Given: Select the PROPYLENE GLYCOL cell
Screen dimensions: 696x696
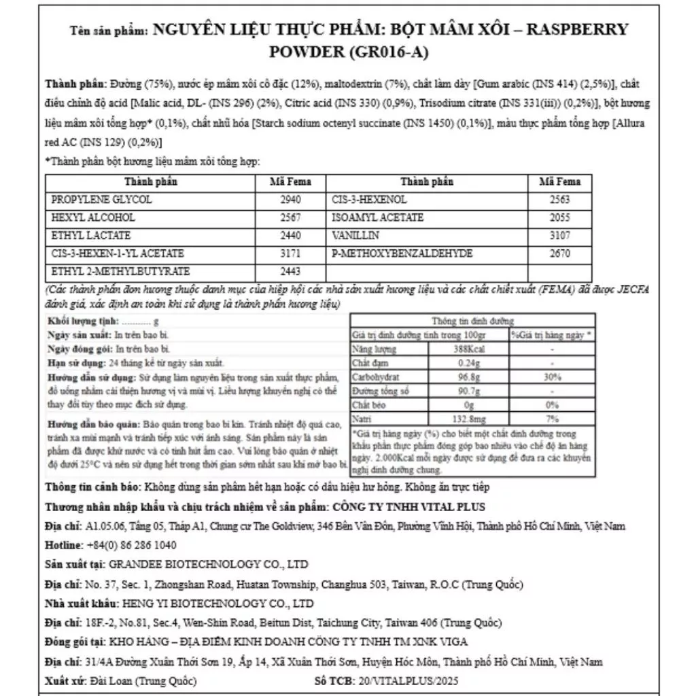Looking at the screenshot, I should pos(102,200).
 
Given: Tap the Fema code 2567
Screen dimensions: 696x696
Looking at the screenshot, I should pos(289,217).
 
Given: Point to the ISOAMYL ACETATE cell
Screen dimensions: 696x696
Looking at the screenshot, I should pos(377,217).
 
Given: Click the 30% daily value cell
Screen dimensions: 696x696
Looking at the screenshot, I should pos(552,376).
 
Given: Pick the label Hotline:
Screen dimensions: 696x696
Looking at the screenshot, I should pos(64,545).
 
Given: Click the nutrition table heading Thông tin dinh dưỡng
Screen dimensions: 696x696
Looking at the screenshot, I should pos(472,321).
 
